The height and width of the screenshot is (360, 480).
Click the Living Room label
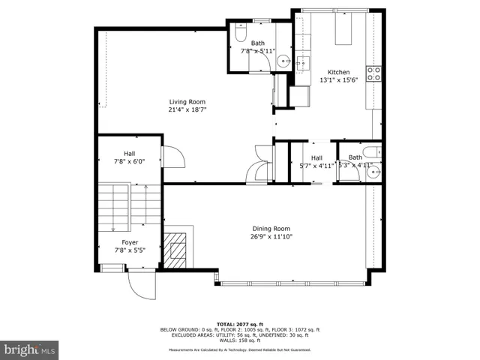tap(187, 102)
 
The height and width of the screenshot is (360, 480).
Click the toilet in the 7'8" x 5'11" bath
tap(238, 34)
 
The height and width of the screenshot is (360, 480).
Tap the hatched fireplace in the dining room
tap(178, 248)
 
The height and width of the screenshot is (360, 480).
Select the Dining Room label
tap(271, 229)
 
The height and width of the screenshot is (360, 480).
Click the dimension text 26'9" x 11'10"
tap(271, 236)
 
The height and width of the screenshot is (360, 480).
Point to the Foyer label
tap(130, 242)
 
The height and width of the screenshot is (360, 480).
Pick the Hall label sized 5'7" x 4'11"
tap(316, 157)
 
